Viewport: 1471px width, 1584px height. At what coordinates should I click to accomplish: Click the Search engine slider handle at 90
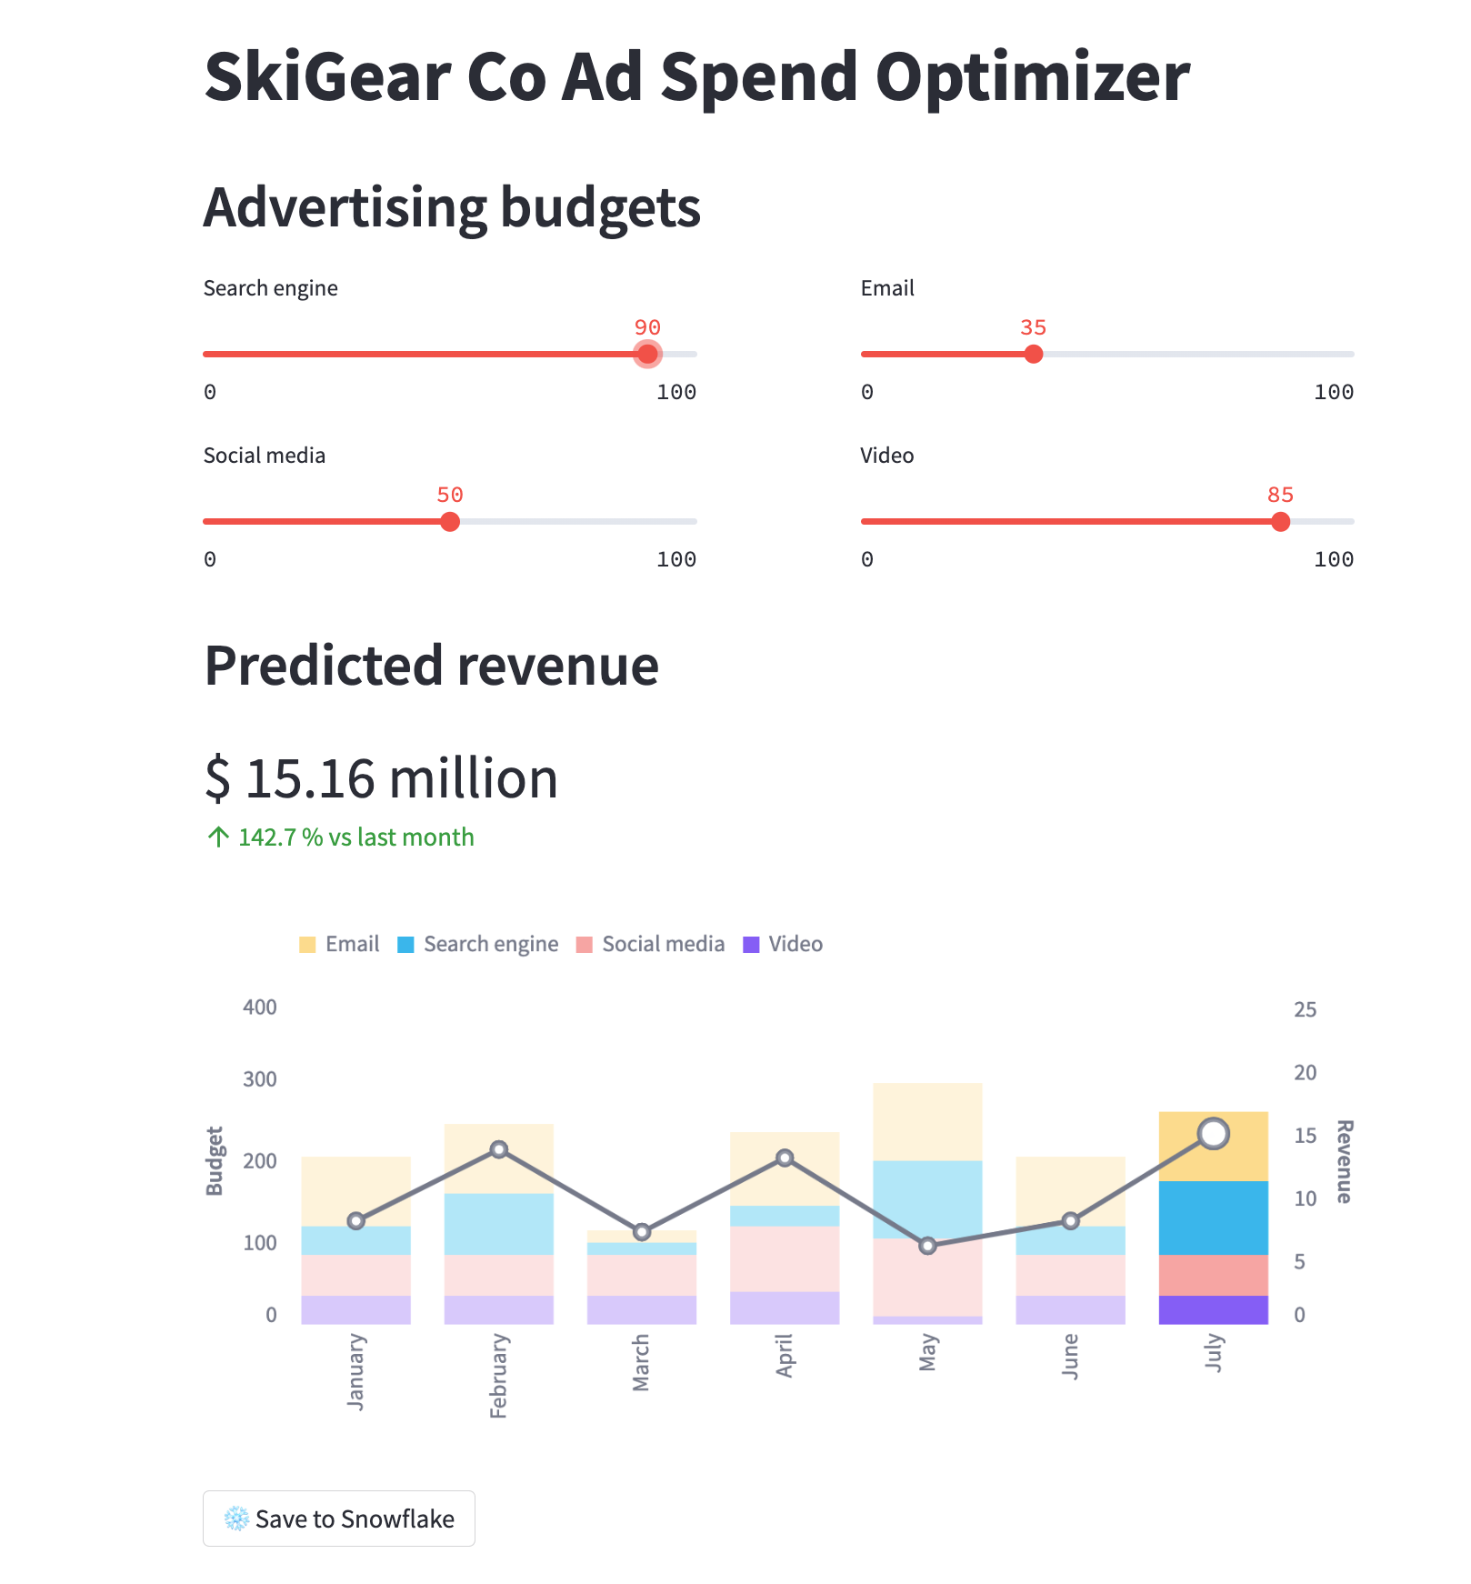(647, 354)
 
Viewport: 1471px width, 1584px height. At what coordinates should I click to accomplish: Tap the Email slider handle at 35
(1033, 354)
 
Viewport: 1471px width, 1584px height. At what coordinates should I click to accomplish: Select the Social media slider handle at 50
(450, 521)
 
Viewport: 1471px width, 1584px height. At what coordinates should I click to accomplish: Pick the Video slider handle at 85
(1280, 521)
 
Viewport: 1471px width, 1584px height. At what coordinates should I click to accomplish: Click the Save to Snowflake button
(338, 1519)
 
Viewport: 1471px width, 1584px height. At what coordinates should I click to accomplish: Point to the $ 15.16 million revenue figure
(381, 779)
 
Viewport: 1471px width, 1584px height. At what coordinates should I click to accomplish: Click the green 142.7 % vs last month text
(355, 837)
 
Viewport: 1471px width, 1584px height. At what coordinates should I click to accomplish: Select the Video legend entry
(783, 944)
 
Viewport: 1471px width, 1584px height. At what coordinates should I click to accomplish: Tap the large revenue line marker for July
(1213, 1134)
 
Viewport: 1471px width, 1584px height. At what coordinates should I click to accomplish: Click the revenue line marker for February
(498, 1149)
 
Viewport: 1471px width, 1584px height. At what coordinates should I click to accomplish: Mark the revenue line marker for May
(927, 1246)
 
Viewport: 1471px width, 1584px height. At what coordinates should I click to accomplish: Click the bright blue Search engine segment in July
(1213, 1218)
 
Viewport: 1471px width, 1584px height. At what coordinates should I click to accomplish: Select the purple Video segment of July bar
(1213, 1309)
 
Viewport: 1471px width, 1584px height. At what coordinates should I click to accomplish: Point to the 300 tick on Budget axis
(260, 1079)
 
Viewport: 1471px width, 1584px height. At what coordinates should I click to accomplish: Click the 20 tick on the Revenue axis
(1305, 1073)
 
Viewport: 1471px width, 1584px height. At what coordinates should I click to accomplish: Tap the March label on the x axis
(641, 1362)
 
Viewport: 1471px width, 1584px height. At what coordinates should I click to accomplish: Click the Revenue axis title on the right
(1344, 1161)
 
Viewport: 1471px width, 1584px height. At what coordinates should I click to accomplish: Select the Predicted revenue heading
(431, 666)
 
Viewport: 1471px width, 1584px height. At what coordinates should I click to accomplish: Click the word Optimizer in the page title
(1032, 76)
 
